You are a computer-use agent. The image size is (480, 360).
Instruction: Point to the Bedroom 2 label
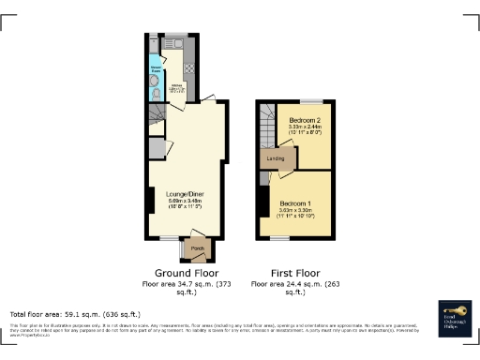click(305, 122)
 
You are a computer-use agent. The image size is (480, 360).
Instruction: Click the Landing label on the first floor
click(276, 158)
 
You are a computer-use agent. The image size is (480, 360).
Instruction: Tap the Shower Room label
click(156, 68)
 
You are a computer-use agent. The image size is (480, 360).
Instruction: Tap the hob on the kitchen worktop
click(188, 67)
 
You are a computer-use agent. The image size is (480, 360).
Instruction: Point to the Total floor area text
click(74, 313)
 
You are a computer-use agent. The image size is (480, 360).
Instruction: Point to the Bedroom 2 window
click(305, 99)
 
